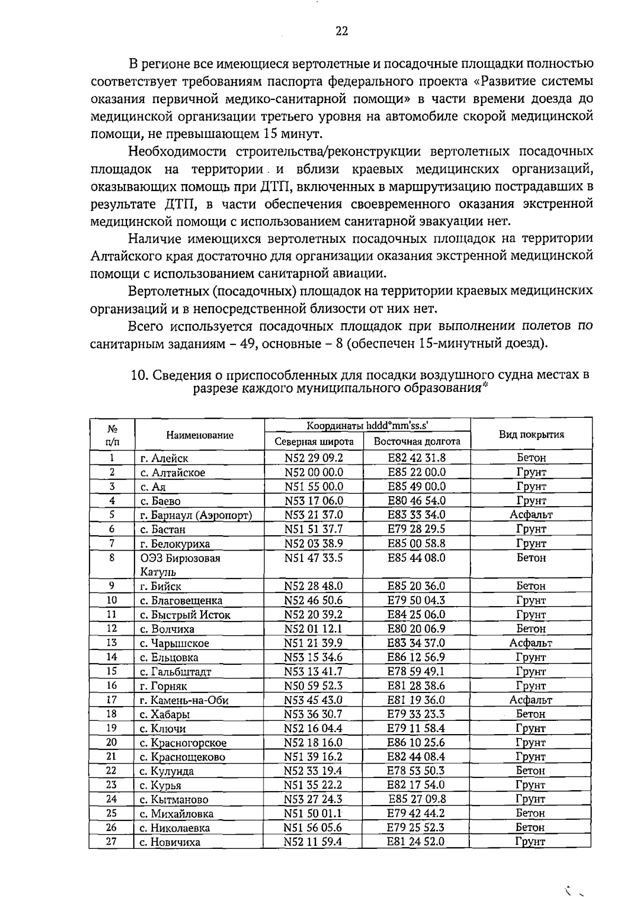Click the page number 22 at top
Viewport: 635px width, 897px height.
(x=341, y=31)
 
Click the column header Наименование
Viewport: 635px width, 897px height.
(x=199, y=435)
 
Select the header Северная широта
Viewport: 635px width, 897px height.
(x=314, y=442)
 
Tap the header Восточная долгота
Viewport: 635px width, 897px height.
(x=416, y=442)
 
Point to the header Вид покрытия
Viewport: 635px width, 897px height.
(x=531, y=435)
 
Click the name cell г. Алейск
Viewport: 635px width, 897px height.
(x=164, y=459)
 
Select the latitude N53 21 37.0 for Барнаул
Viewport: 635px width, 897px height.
(x=313, y=515)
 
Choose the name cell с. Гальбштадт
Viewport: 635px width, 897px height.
(x=175, y=672)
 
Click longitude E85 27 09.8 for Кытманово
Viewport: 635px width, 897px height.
(x=417, y=799)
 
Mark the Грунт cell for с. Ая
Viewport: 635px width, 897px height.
(x=531, y=487)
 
